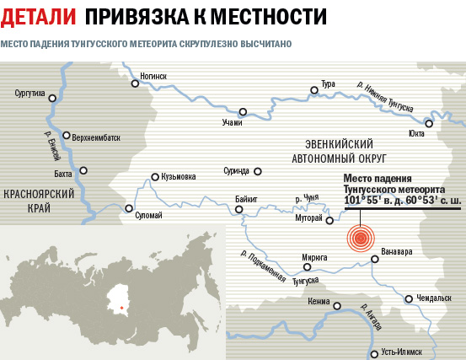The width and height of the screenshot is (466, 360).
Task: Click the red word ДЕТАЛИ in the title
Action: (38, 15)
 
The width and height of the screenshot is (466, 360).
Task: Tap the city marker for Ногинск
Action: (135, 83)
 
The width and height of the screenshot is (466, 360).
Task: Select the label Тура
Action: (327, 84)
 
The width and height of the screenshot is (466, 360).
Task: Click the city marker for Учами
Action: (243, 111)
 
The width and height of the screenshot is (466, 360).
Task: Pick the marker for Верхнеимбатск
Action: (67, 135)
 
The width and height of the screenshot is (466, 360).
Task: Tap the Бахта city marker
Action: (83, 169)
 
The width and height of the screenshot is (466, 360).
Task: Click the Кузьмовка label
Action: (179, 176)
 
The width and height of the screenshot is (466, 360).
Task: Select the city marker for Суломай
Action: (129, 208)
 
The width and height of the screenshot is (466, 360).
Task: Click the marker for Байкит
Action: (239, 210)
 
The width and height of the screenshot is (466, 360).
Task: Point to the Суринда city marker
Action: (257, 171)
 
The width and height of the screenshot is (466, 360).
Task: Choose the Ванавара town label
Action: (397, 250)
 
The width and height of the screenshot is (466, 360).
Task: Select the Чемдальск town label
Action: (435, 298)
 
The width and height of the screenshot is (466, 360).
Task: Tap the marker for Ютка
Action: (429, 123)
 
